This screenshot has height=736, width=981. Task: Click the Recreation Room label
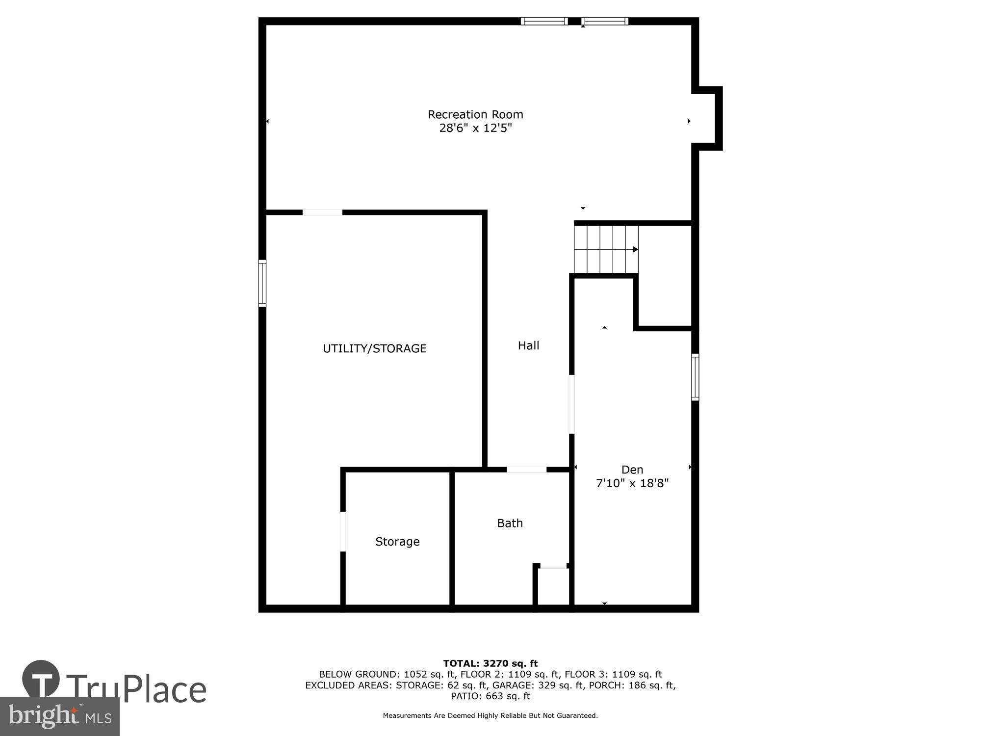[x=475, y=114]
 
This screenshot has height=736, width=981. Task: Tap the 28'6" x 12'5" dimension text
[x=475, y=128]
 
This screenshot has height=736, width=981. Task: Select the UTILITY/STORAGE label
[x=375, y=348]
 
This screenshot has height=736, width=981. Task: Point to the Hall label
[x=528, y=345]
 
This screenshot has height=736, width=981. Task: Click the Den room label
[x=632, y=470]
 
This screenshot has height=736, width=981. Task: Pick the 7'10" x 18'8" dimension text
[x=632, y=483]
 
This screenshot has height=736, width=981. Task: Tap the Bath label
[x=510, y=523]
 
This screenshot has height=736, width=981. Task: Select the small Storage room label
[x=397, y=541]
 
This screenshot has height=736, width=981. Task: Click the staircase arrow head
[x=635, y=249]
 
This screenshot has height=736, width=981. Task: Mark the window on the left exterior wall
[x=262, y=283]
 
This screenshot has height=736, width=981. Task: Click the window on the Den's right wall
[x=695, y=377]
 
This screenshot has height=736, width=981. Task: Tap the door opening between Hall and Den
[x=572, y=404]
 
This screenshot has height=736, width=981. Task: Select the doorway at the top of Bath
[x=526, y=470]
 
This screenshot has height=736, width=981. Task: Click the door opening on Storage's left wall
[x=343, y=531]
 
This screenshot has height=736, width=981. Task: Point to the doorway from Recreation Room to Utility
[x=322, y=212]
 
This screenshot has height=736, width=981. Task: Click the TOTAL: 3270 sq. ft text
[x=490, y=664]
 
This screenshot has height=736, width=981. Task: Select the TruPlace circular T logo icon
[x=41, y=679]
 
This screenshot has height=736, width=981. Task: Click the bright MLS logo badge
[x=60, y=716]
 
